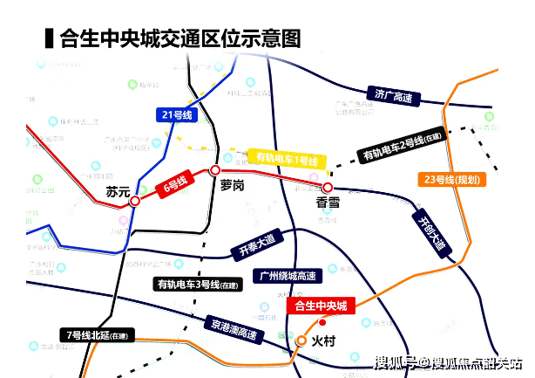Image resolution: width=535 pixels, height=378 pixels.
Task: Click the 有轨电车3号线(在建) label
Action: pos(197,284)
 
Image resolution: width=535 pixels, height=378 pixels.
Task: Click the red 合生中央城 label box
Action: pos(322,306)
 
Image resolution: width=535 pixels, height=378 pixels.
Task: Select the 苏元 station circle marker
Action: pos(135,202)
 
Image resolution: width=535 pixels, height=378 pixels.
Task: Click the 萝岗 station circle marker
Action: pos(214,170)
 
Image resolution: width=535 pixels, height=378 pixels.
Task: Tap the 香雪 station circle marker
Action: pos(328,188)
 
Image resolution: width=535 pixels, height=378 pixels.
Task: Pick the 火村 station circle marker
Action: pos(301,340)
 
